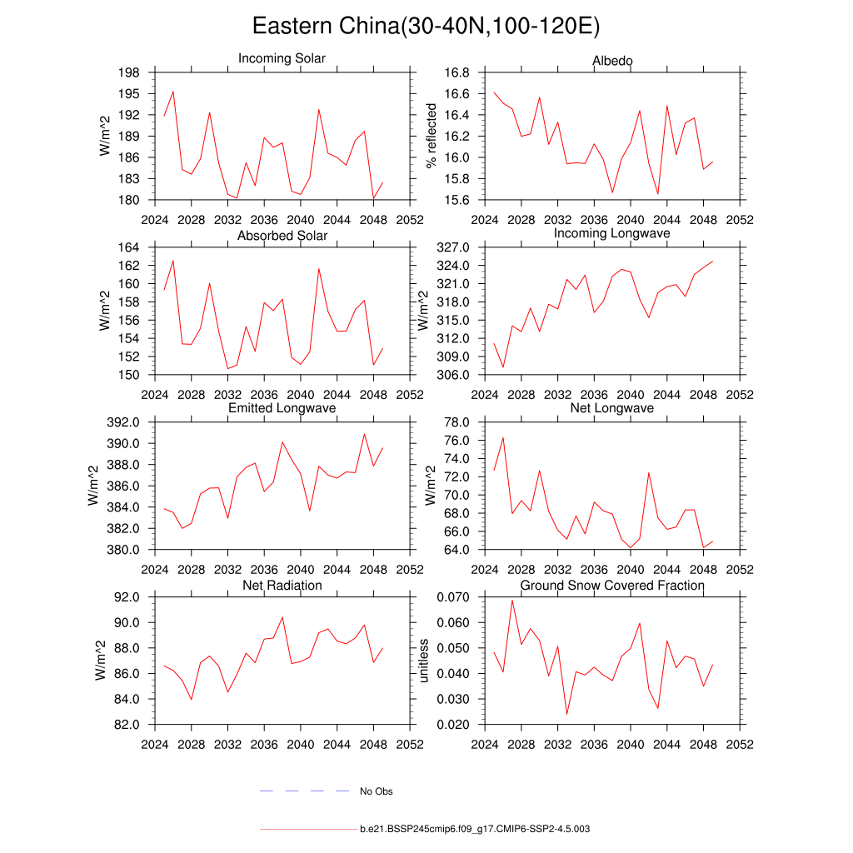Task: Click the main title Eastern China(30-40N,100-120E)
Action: (x=426, y=27)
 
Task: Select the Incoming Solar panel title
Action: (x=282, y=58)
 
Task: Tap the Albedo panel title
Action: (x=612, y=61)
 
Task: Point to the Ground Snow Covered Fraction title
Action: (x=612, y=586)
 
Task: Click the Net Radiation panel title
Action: (x=282, y=586)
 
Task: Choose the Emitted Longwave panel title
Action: (x=282, y=408)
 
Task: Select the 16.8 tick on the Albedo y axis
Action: (x=456, y=72)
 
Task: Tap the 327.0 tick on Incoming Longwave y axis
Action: (x=453, y=247)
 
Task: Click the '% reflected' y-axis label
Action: (x=431, y=136)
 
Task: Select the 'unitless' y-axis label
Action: (x=423, y=661)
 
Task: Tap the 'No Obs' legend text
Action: (x=376, y=791)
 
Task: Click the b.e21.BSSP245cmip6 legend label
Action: (x=475, y=830)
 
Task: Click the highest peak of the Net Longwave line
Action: (x=503, y=437)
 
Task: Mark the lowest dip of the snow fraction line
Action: (x=567, y=714)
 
